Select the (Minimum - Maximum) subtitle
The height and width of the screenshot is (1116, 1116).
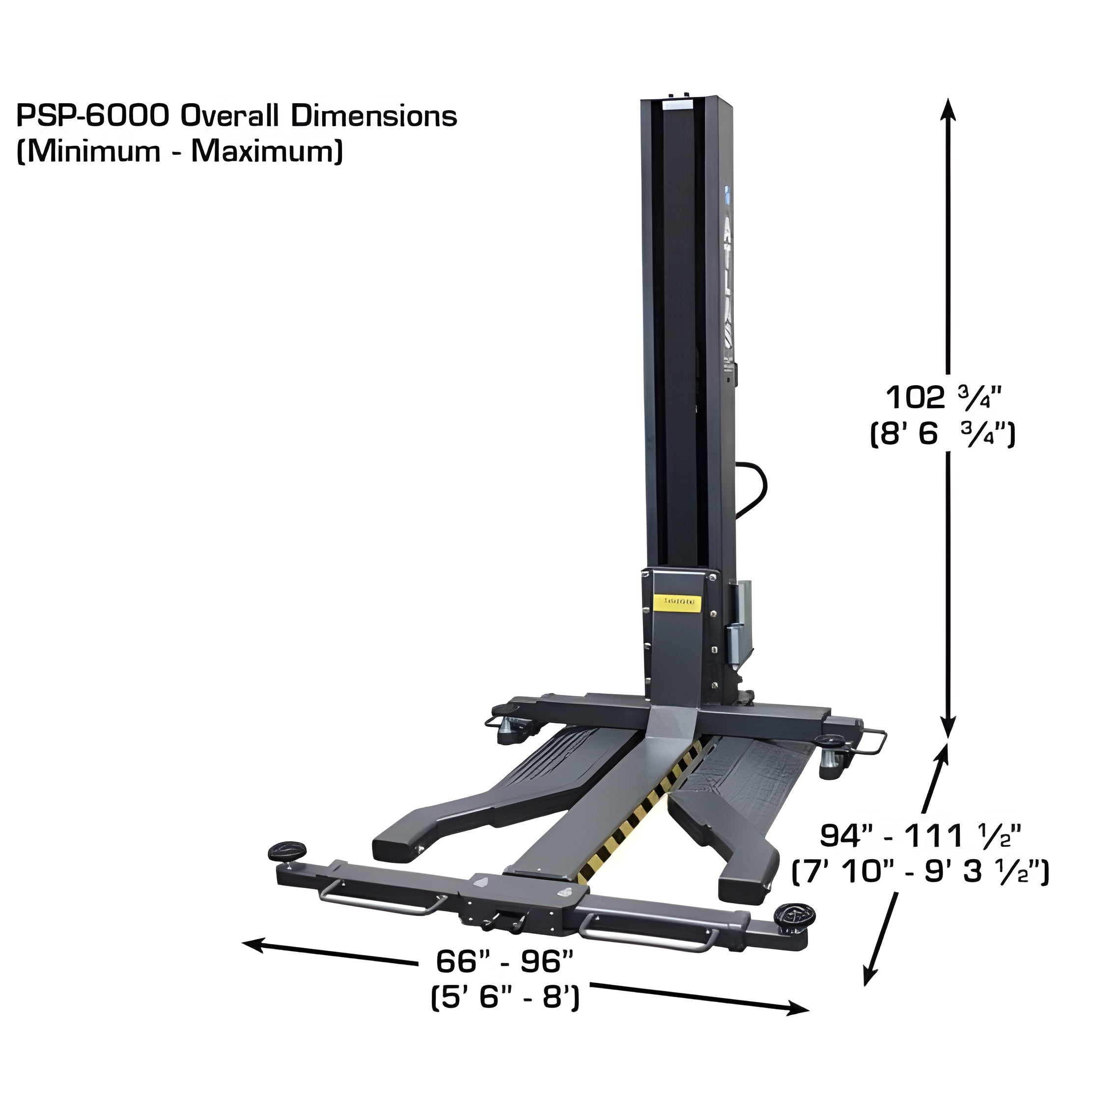180,151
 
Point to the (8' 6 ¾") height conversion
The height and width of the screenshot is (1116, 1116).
943,433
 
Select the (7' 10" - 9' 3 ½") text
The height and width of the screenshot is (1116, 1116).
920,872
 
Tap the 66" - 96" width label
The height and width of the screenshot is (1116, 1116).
504,962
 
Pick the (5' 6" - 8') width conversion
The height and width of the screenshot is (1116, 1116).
505,998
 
